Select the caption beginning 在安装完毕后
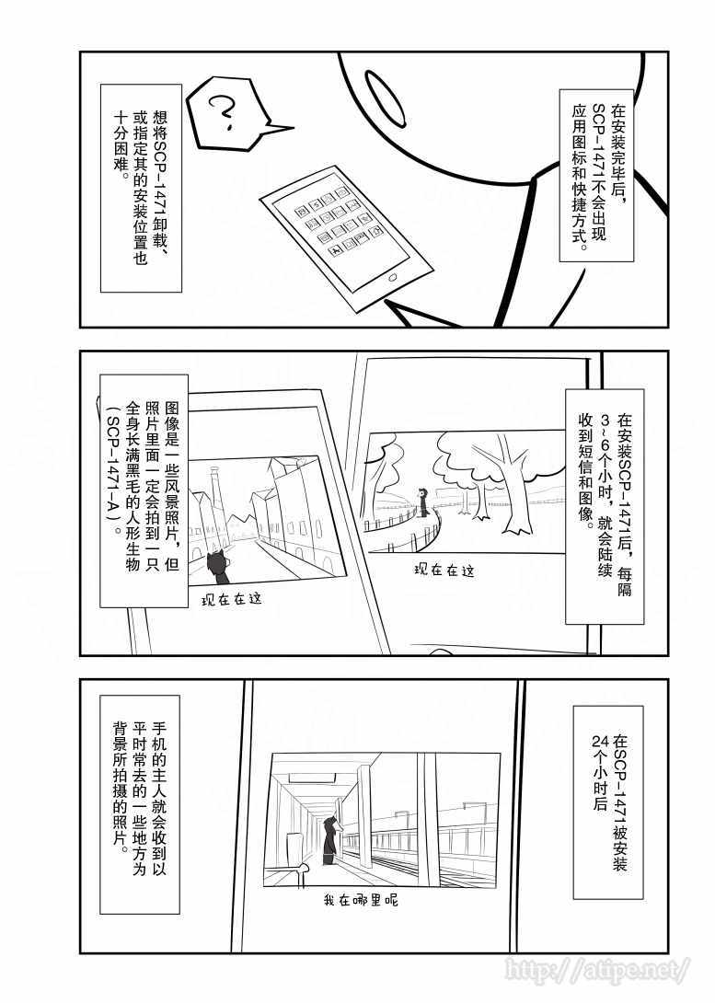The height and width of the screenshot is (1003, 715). click(x=596, y=175)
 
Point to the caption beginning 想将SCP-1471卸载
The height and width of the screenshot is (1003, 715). click(x=141, y=188)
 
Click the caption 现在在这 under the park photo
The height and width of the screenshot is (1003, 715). click(x=444, y=570)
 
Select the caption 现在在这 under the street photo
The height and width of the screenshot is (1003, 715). click(x=232, y=600)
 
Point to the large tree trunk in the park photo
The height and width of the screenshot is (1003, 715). click(x=510, y=486)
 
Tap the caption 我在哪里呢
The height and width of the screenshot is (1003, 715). click(x=361, y=900)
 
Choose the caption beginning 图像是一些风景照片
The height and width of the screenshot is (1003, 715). click(x=144, y=491)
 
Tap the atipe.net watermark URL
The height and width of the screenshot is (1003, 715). click(x=597, y=970)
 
